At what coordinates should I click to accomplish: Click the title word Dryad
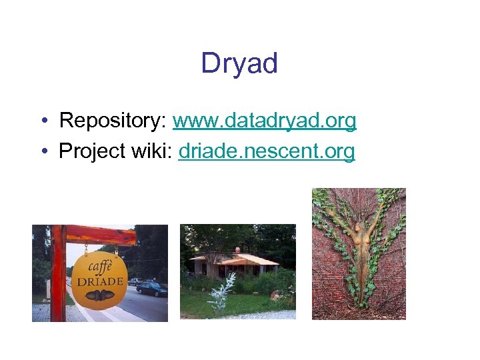coord(239,63)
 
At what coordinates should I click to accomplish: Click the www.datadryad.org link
coord(265,121)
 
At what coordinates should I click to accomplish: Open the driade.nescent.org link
coord(267,151)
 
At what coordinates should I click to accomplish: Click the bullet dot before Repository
coord(43,121)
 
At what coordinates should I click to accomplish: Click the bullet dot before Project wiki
coord(43,152)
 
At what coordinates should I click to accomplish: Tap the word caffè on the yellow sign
coord(100,265)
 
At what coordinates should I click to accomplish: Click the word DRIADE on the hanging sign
coord(100,281)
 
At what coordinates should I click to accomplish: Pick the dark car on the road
coord(151,289)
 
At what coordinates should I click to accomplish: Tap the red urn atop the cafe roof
coord(237,250)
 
